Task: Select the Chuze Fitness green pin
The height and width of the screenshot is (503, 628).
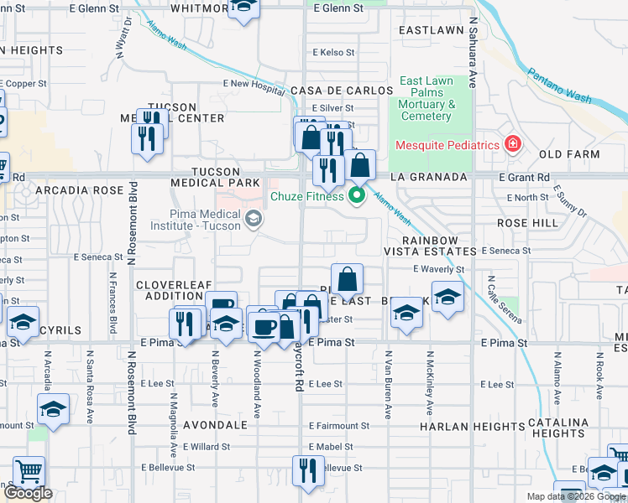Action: tap(357, 196)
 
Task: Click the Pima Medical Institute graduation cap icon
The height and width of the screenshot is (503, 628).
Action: tap(252, 220)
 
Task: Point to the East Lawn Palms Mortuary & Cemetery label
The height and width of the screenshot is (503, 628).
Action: tap(427, 99)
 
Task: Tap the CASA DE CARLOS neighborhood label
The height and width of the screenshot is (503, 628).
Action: tap(342, 90)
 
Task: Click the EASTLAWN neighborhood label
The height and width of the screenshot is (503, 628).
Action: tap(431, 30)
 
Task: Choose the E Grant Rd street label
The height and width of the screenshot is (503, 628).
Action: tap(523, 178)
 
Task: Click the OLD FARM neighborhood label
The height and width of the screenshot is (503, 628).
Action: tap(569, 155)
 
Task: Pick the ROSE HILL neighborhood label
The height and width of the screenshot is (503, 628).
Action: tap(527, 224)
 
